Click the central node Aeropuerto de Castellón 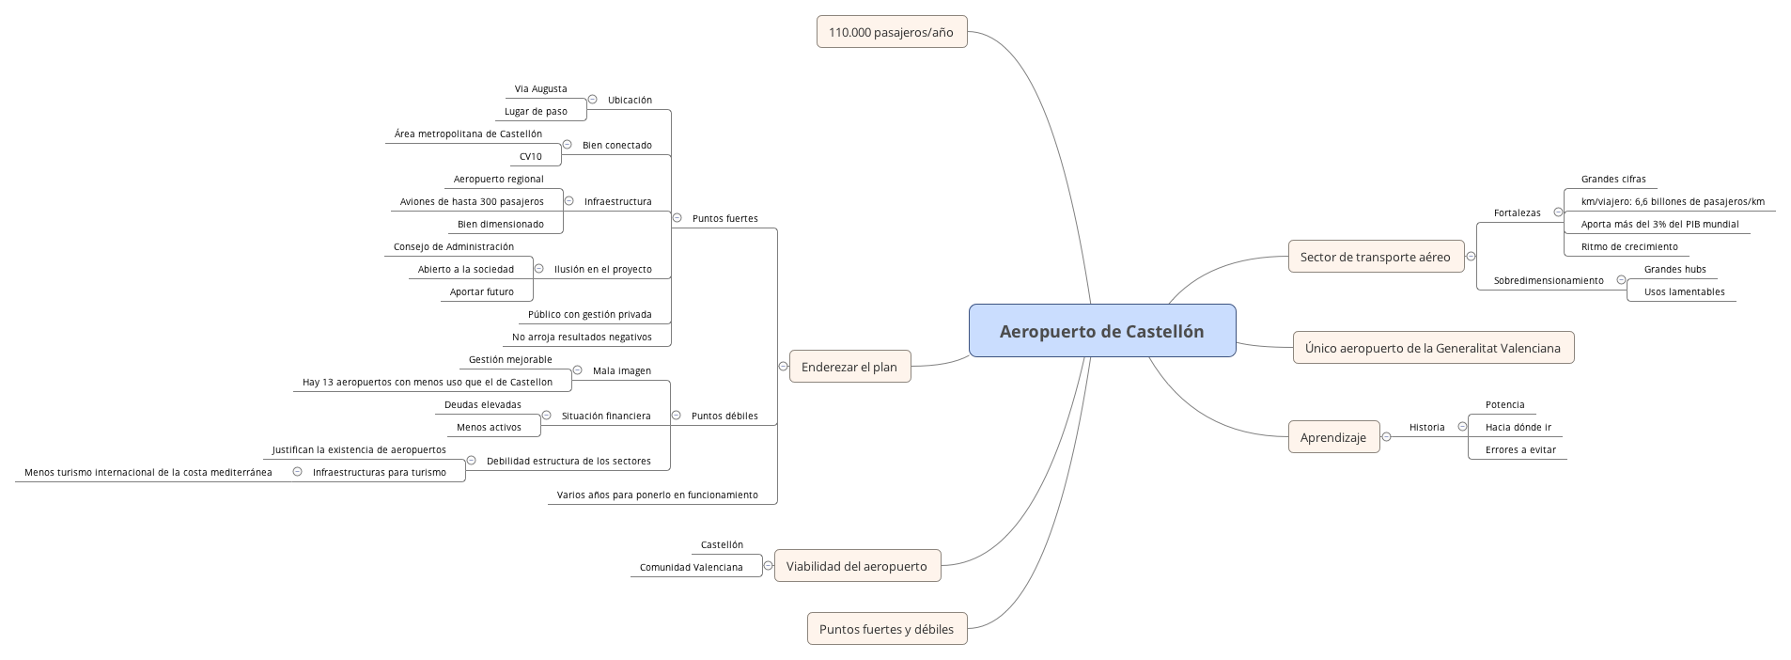[1101, 331]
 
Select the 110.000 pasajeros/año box [891, 32]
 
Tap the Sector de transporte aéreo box [1375, 257]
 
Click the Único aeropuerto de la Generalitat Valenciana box [1432, 348]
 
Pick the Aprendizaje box [1332, 437]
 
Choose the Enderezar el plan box [849, 367]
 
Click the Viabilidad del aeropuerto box [856, 566]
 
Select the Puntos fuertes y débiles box [886, 629]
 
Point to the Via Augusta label [540, 89]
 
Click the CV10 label [530, 157]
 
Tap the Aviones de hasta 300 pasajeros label [472, 202]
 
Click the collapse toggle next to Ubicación [592, 99]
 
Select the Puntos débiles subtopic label [724, 416]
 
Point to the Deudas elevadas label [482, 405]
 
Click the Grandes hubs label [1674, 270]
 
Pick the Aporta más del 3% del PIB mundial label [1659, 225]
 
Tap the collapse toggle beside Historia [1462, 426]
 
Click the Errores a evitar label [1520, 450]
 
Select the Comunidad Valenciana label [691, 568]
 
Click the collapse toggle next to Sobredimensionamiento [1621, 280]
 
